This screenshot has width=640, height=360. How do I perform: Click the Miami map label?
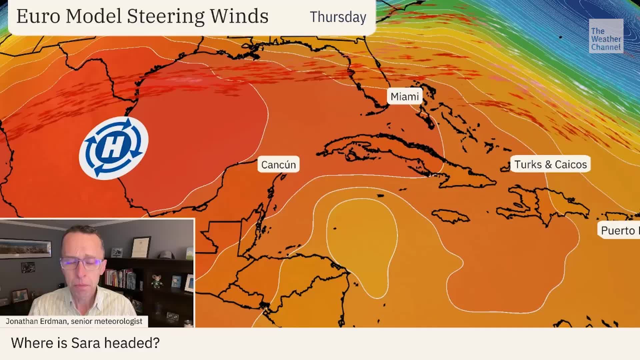[404, 97]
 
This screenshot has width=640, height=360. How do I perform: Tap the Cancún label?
[278, 165]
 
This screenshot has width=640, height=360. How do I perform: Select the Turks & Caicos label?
[550, 164]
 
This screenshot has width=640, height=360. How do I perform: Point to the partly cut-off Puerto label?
[619, 230]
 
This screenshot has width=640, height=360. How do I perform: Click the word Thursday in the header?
[338, 17]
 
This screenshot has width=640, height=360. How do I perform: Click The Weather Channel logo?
[606, 36]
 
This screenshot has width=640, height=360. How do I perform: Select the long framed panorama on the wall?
[26, 248]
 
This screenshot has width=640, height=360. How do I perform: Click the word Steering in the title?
[165, 16]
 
